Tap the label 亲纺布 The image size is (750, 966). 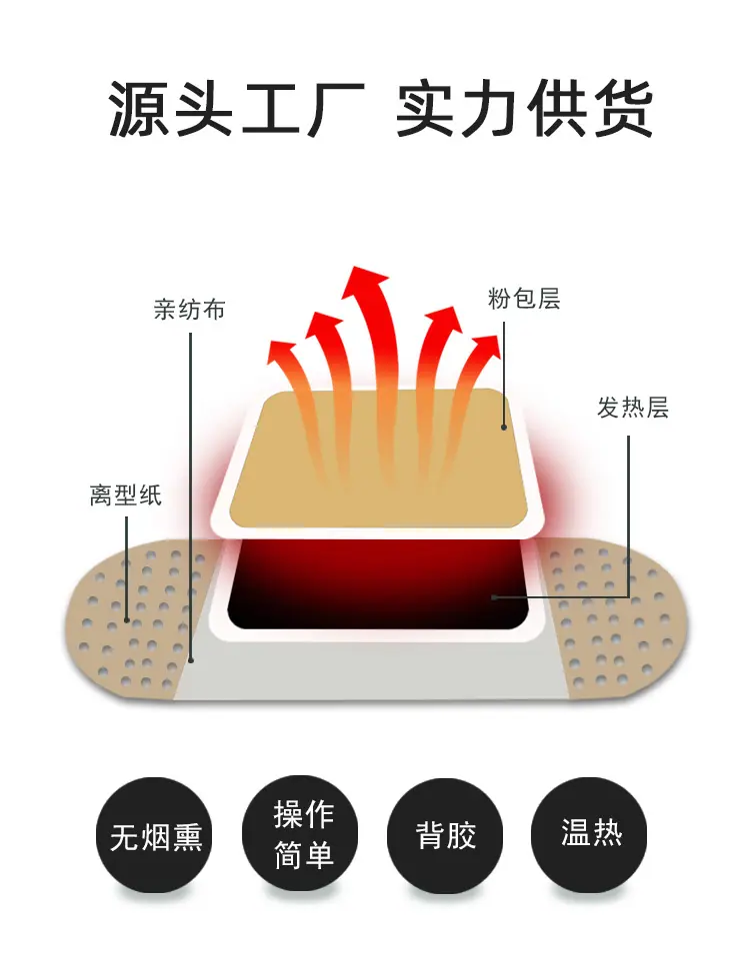point(189,310)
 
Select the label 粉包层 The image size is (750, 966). point(524,298)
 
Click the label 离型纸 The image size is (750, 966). point(125,494)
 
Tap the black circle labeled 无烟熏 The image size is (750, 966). point(156,835)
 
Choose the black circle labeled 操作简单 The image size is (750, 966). point(302,835)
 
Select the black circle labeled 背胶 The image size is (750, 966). point(446,835)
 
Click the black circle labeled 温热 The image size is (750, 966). point(591,835)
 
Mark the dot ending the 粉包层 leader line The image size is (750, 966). point(506,427)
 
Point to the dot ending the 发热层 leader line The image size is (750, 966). point(493,597)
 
